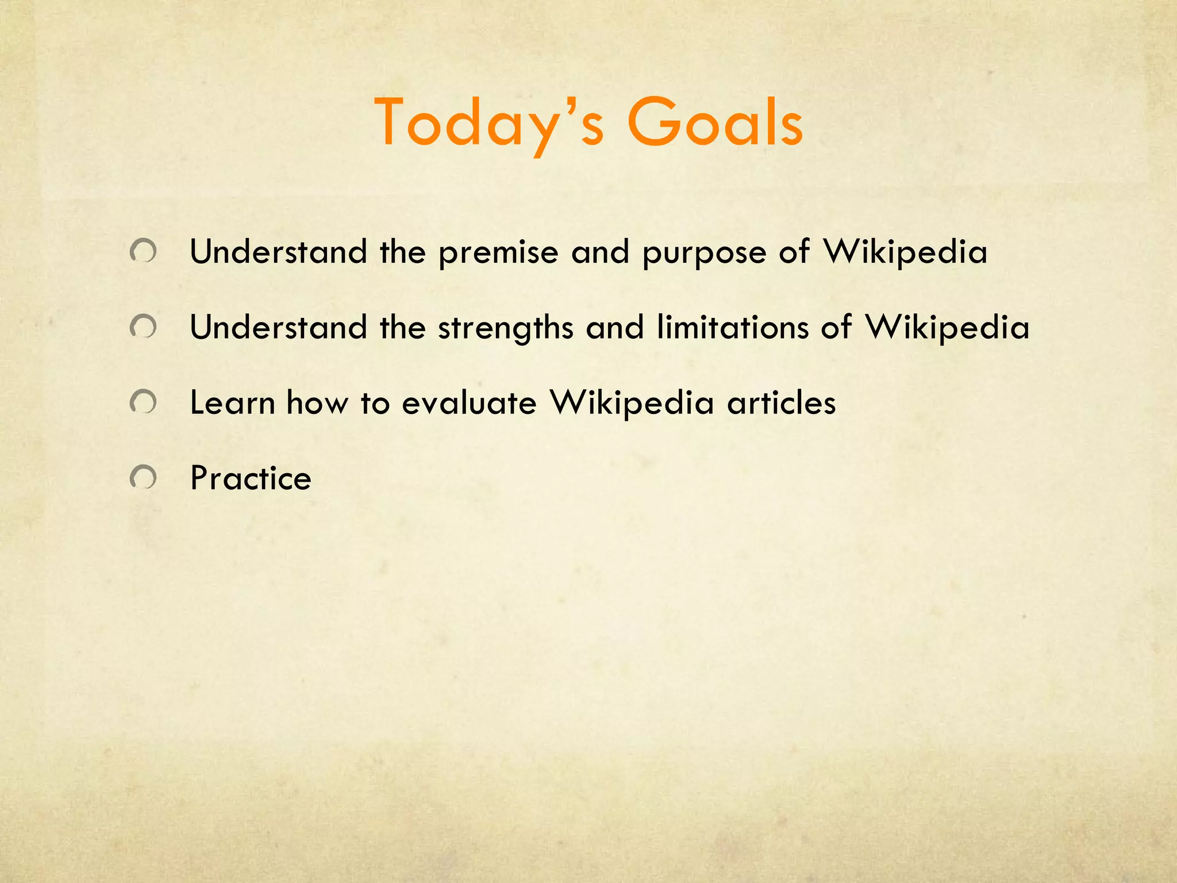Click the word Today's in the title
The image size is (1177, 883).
[489, 122]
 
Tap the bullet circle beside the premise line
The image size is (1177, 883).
[143, 252]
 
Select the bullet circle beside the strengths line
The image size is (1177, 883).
[143, 327]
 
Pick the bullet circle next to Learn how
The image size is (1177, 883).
[143, 402]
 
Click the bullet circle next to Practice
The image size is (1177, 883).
[143, 477]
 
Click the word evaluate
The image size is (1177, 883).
[469, 402]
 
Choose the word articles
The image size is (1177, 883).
[781, 402]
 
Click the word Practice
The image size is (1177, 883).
[251, 478]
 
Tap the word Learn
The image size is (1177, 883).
[233, 402]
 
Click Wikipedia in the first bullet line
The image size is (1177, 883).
[905, 253]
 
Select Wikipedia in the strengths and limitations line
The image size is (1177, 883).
[947, 328]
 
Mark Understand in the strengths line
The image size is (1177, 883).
[279, 327]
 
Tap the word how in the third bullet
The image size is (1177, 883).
[317, 402]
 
